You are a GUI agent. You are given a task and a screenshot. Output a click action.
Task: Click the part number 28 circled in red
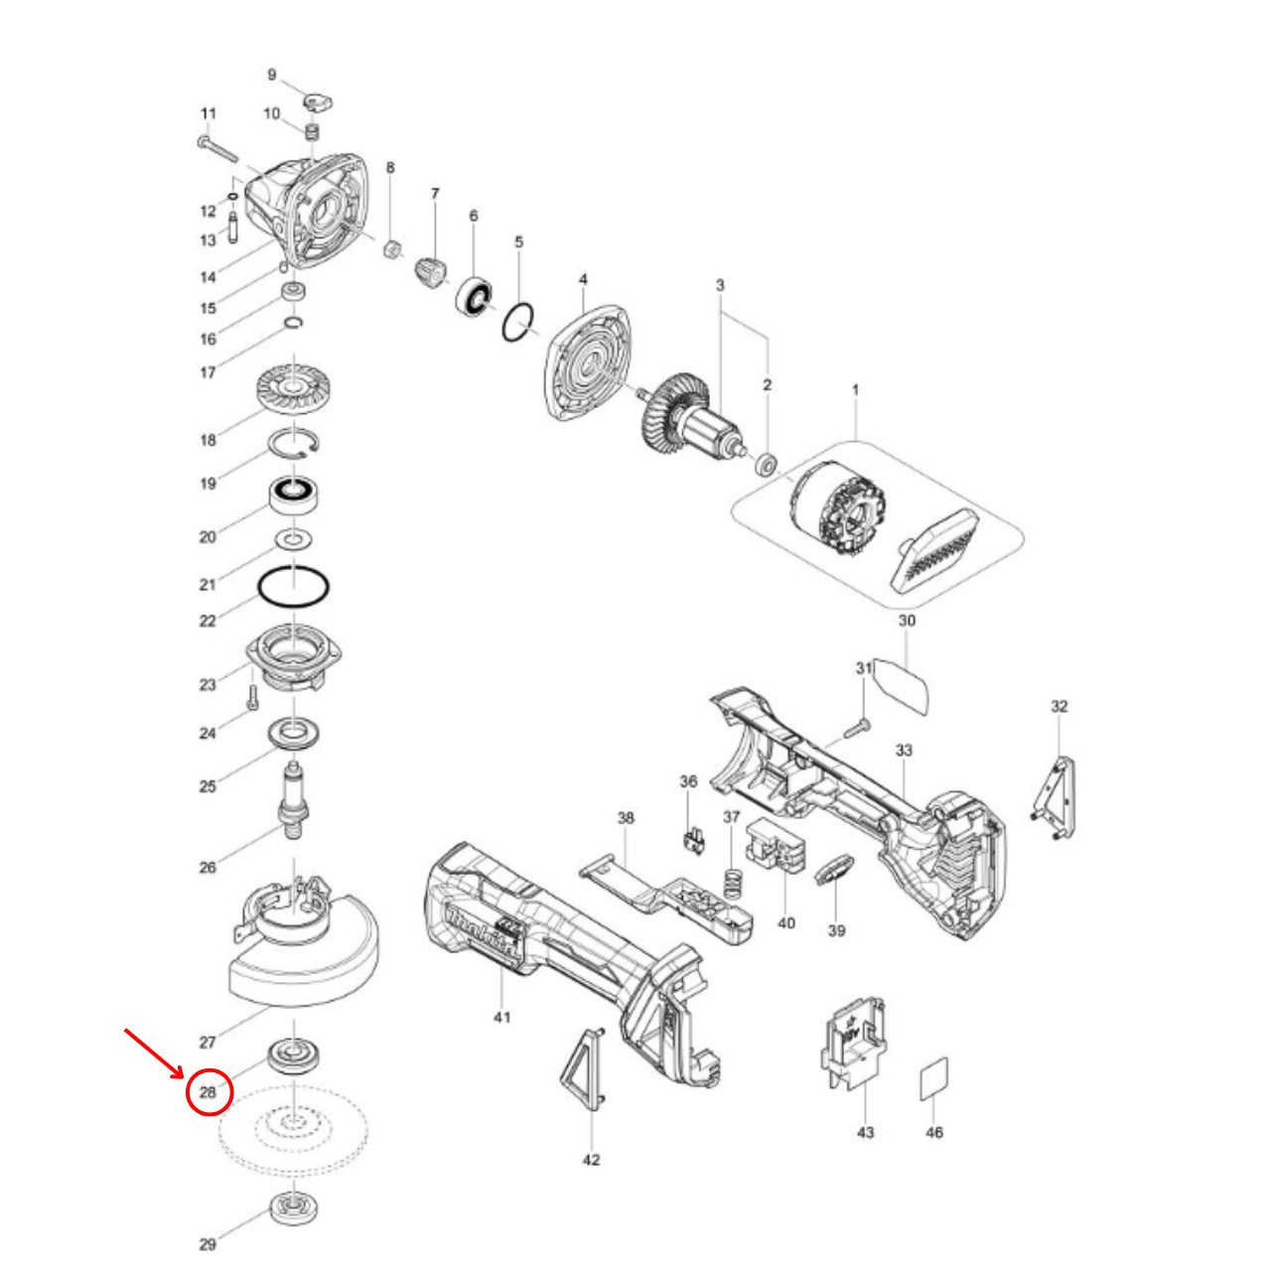[x=209, y=1092]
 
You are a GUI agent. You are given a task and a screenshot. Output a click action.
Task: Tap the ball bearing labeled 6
[x=475, y=296]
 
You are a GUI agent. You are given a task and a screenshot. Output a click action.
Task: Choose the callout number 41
[x=502, y=1017]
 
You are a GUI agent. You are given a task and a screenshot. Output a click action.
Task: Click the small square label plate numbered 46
[x=933, y=1078]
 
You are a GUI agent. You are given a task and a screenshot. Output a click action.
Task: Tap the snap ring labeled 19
[x=294, y=443]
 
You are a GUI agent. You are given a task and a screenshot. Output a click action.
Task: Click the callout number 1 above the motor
[x=855, y=390]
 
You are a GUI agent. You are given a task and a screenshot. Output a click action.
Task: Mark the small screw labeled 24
[x=252, y=695]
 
